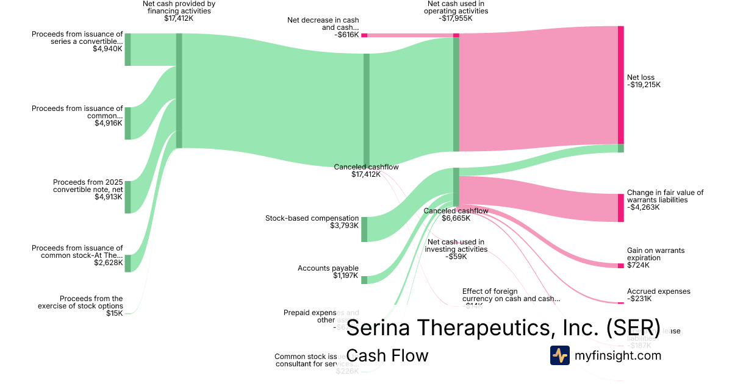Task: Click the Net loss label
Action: (640, 77)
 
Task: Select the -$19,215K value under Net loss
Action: (644, 85)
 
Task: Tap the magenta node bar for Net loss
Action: (621, 85)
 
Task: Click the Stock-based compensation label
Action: (312, 218)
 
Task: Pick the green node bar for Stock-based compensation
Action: (364, 229)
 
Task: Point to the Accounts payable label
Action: (328, 268)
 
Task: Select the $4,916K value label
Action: (108, 123)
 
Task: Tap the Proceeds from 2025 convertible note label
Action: (88, 186)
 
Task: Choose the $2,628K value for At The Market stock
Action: (108, 263)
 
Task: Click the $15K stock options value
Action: (114, 313)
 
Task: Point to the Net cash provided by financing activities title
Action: (178, 11)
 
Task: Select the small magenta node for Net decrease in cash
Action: (364, 35)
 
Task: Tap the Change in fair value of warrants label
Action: (665, 196)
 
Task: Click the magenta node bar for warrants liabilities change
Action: (621, 208)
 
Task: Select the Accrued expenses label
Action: (659, 291)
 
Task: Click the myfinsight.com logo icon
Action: (559, 355)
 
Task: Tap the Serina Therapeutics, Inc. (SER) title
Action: (503, 327)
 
